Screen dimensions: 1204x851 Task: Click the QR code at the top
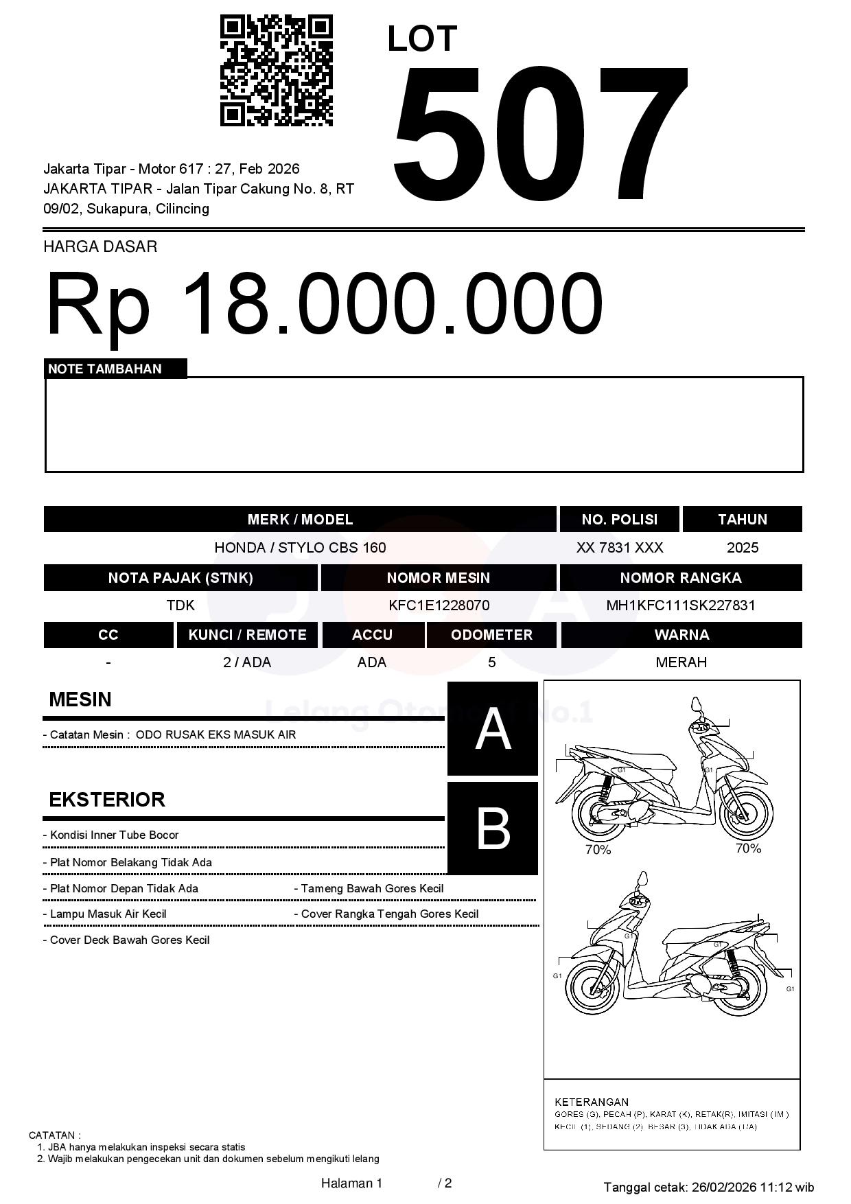[x=276, y=71]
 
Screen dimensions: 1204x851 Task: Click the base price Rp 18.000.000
[x=324, y=303]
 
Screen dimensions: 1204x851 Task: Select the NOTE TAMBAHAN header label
[x=105, y=369]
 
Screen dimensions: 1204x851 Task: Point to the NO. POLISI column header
[x=619, y=520]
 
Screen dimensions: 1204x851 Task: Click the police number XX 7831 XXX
[x=619, y=548]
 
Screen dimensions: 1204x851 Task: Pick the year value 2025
[x=742, y=548]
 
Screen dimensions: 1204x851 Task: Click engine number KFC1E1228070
[x=439, y=605]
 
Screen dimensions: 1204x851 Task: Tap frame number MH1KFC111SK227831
[x=680, y=605]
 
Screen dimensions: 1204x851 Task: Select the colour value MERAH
[x=681, y=662]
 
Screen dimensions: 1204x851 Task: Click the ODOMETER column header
[x=491, y=635]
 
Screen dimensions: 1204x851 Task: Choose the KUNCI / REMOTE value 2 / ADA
[x=247, y=662]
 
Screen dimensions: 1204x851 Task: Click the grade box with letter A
[x=493, y=729]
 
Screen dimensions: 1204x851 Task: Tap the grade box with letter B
[x=493, y=829]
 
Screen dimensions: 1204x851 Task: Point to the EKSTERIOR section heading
[x=107, y=800]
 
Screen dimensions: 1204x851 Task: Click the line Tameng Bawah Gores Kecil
[x=372, y=889]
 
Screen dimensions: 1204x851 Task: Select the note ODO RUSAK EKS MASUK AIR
[x=215, y=734]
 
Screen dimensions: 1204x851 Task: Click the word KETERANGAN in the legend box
[x=591, y=1102]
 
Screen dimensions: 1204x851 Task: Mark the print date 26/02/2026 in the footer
[x=723, y=1187]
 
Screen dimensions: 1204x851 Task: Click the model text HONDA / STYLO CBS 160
[x=300, y=548]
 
